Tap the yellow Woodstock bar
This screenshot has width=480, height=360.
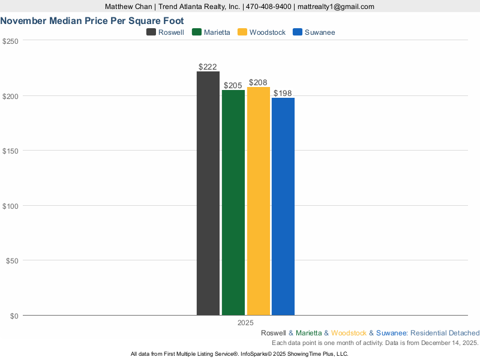pyautogui.click(x=258, y=201)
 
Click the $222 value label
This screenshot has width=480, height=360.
pyautogui.click(x=208, y=67)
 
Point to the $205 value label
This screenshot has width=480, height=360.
pyautogui.click(x=233, y=85)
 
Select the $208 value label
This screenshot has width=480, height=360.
pyautogui.click(x=258, y=83)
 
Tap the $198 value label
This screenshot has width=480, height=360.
pyautogui.click(x=283, y=93)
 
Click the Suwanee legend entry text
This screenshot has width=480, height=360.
pyautogui.click(x=320, y=32)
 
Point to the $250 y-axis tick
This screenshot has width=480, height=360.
pyautogui.click(x=11, y=41)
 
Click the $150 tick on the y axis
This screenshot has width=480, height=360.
pyautogui.click(x=11, y=151)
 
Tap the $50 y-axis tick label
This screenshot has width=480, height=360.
pyautogui.click(x=13, y=260)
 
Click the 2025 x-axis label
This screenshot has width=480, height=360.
pyautogui.click(x=245, y=323)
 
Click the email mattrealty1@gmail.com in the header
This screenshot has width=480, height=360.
pyautogui.click(x=336, y=7)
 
